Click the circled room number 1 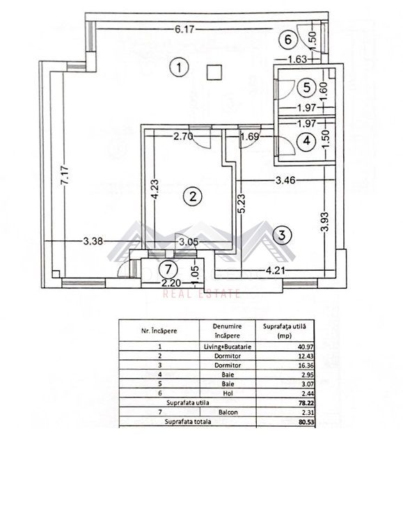click(x=180, y=68)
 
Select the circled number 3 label click(x=280, y=235)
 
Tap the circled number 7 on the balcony click(x=166, y=268)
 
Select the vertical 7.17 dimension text click(x=64, y=174)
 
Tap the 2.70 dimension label click(x=183, y=136)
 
